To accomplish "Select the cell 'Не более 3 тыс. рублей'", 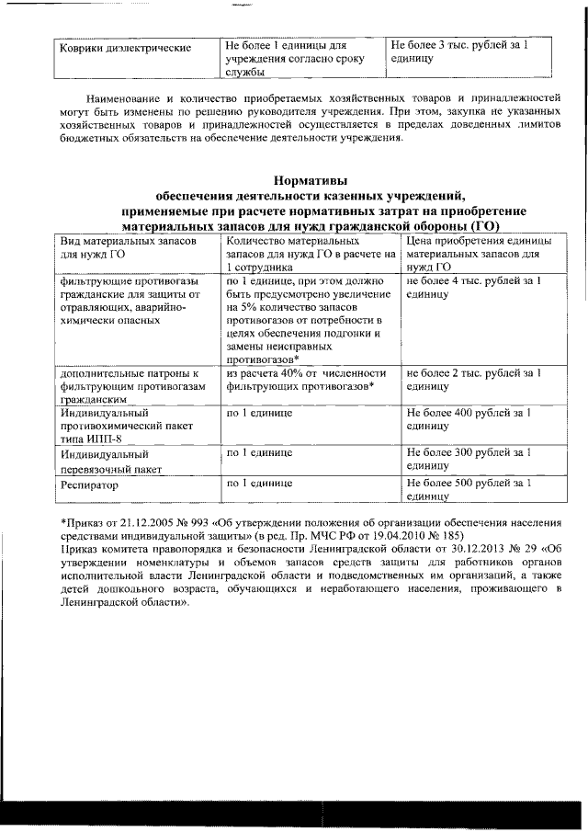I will [458, 44].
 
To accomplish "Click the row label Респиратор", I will [91, 483].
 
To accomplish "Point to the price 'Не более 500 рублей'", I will [469, 482].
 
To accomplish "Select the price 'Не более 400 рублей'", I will [469, 414].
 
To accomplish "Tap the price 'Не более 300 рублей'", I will [469, 453].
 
